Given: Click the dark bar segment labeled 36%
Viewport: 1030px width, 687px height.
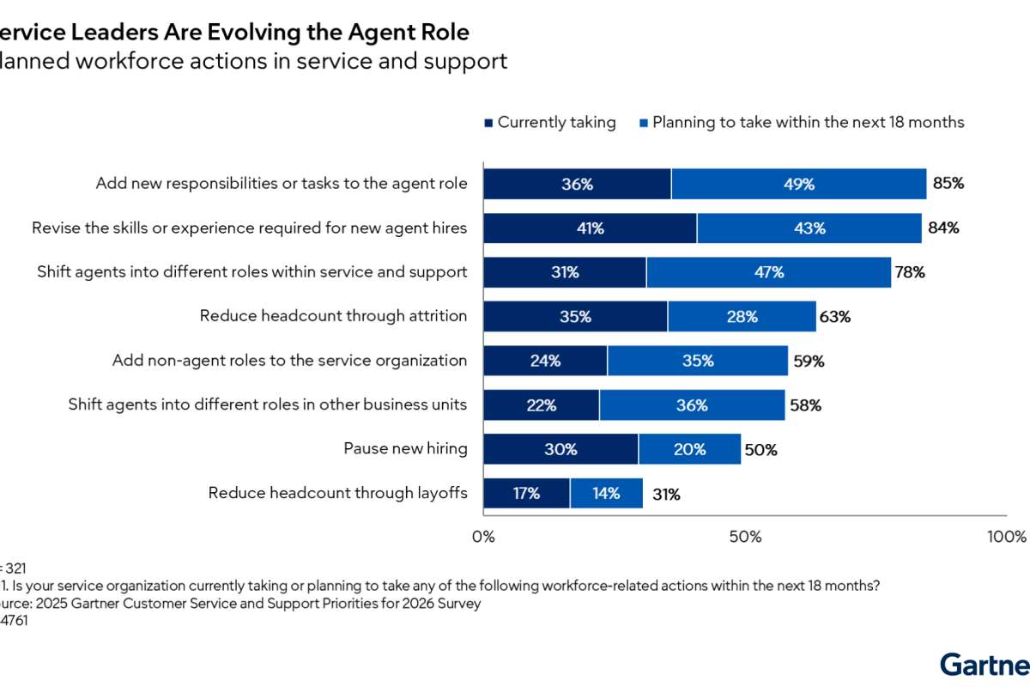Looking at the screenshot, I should pyautogui.click(x=577, y=184).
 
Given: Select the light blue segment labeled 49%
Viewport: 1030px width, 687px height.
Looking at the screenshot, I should pyautogui.click(x=798, y=184).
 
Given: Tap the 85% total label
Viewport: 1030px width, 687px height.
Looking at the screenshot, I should pyautogui.click(x=948, y=184).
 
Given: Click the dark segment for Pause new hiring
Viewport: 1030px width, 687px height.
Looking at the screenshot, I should pyautogui.click(x=560, y=449).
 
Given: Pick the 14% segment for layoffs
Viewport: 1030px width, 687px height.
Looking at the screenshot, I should pyautogui.click(x=606, y=494).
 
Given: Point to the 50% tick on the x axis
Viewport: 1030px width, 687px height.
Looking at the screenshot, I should pyautogui.click(x=745, y=538).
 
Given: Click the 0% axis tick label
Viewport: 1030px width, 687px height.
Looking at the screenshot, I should pyautogui.click(x=484, y=538).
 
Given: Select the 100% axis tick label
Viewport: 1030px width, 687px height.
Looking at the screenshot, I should pyautogui.click(x=1006, y=538).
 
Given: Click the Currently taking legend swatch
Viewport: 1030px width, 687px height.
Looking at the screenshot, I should pyautogui.click(x=489, y=123).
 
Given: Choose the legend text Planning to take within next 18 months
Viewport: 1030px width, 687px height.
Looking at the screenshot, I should pyautogui.click(x=808, y=122).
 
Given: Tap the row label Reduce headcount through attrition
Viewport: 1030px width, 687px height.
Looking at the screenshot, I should pyautogui.click(x=333, y=316).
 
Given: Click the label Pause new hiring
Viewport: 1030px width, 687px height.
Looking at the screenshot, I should pyautogui.click(x=405, y=448).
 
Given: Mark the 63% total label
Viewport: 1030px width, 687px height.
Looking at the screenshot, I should pyautogui.click(x=834, y=317).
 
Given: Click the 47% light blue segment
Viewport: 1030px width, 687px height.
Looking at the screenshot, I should pyautogui.click(x=768, y=272).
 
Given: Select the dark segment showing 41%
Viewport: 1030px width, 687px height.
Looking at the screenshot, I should pyautogui.click(x=590, y=228).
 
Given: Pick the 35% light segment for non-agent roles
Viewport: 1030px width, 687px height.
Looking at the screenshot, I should pyautogui.click(x=697, y=361).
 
